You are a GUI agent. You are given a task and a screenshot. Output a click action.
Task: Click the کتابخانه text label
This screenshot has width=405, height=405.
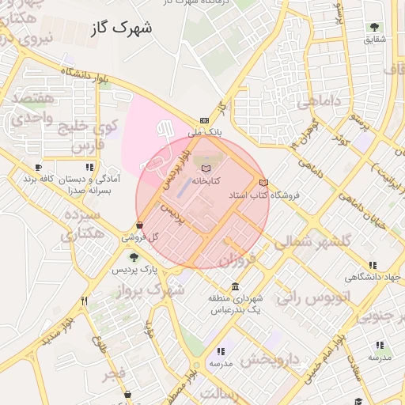[x=205, y=181]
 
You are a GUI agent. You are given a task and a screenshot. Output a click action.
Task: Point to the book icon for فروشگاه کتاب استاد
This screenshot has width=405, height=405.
[x=263, y=183]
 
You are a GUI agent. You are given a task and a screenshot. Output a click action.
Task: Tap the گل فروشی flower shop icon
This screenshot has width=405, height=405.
[x=140, y=225]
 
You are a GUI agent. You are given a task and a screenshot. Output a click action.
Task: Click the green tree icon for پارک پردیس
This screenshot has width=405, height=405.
[x=133, y=257]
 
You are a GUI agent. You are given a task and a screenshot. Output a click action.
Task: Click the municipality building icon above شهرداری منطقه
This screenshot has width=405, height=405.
[x=235, y=286]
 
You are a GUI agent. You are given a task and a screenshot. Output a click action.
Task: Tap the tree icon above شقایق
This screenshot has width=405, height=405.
[x=374, y=27]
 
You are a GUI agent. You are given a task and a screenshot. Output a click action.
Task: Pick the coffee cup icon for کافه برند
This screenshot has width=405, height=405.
[x=38, y=167]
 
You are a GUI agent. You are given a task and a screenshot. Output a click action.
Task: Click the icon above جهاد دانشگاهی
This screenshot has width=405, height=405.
[x=373, y=265]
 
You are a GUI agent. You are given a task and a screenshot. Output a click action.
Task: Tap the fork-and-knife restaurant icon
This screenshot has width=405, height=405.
[x=85, y=301]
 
